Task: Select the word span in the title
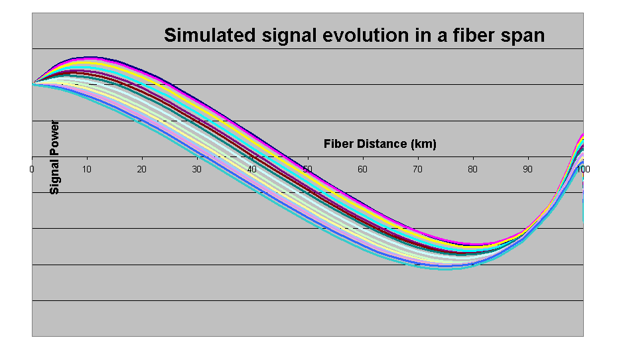(x=525, y=35)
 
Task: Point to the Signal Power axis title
(x=54, y=157)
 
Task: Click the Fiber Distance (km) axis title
(x=380, y=144)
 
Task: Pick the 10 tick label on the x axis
(x=87, y=170)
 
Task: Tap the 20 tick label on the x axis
(x=142, y=170)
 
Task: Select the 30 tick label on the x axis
(x=197, y=170)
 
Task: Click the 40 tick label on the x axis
(x=252, y=170)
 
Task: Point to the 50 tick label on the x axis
(x=307, y=170)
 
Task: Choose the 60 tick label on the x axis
(x=362, y=170)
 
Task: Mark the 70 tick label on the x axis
(x=417, y=170)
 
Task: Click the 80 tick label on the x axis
(x=472, y=170)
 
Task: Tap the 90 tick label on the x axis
(x=527, y=170)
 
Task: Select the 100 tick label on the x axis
(x=583, y=170)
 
